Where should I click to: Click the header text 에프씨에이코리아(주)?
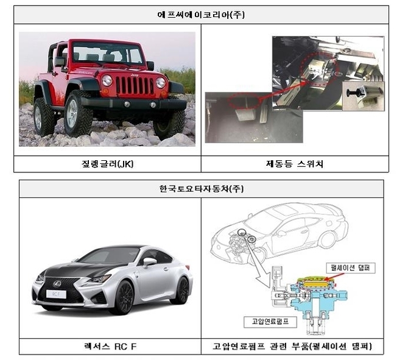point(201,15)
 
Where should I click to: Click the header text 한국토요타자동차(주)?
point(202,188)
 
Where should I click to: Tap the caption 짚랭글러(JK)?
point(107,164)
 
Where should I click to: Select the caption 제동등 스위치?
point(295,164)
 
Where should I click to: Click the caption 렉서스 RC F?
point(110,347)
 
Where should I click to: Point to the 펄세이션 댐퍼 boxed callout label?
point(351,268)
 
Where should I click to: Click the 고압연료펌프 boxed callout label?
point(270,322)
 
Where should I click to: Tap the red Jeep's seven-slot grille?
point(135,85)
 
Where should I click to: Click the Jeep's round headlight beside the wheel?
point(107,80)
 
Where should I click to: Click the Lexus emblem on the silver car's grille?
point(57,283)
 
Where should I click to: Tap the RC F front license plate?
point(56,294)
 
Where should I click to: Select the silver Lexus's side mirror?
point(149,261)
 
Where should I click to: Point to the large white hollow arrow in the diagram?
point(256,260)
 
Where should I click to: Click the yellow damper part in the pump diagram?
point(315,284)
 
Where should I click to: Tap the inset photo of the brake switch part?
point(364,96)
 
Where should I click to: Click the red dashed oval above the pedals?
point(244,101)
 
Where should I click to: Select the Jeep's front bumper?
point(133,104)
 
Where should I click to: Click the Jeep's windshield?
point(107,53)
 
